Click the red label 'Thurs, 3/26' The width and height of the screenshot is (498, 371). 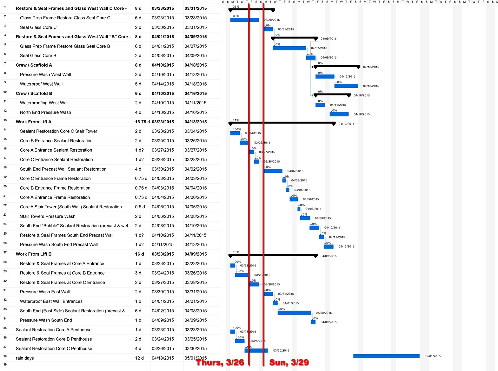click(220, 362)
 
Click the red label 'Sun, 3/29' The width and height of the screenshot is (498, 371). click(289, 362)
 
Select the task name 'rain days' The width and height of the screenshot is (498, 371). click(25, 358)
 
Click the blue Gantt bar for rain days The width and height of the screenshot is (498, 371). click(386, 356)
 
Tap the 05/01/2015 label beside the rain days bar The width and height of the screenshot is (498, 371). click(432, 356)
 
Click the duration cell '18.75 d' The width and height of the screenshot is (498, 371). click(142, 122)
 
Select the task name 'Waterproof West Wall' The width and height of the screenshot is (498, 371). click(41, 84)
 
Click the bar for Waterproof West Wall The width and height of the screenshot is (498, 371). click(346, 86)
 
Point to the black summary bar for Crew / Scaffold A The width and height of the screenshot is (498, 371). click(336, 66)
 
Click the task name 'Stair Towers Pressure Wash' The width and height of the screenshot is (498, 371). click(48, 216)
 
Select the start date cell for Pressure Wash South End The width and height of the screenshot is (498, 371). click(163, 320)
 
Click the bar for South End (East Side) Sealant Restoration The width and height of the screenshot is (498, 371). click(294, 313)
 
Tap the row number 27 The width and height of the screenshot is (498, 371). click(5, 252)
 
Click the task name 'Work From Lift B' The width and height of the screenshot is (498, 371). click(34, 254)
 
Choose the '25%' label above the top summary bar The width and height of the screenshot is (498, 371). click(236, 7)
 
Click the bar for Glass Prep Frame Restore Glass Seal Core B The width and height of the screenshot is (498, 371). click(289, 48)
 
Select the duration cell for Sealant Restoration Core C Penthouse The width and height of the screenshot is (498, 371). click(138, 348)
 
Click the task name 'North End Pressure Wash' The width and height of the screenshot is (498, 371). click(45, 112)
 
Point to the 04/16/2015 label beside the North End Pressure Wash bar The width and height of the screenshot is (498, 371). click(362, 114)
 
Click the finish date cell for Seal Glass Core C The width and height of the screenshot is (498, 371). click(196, 27)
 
